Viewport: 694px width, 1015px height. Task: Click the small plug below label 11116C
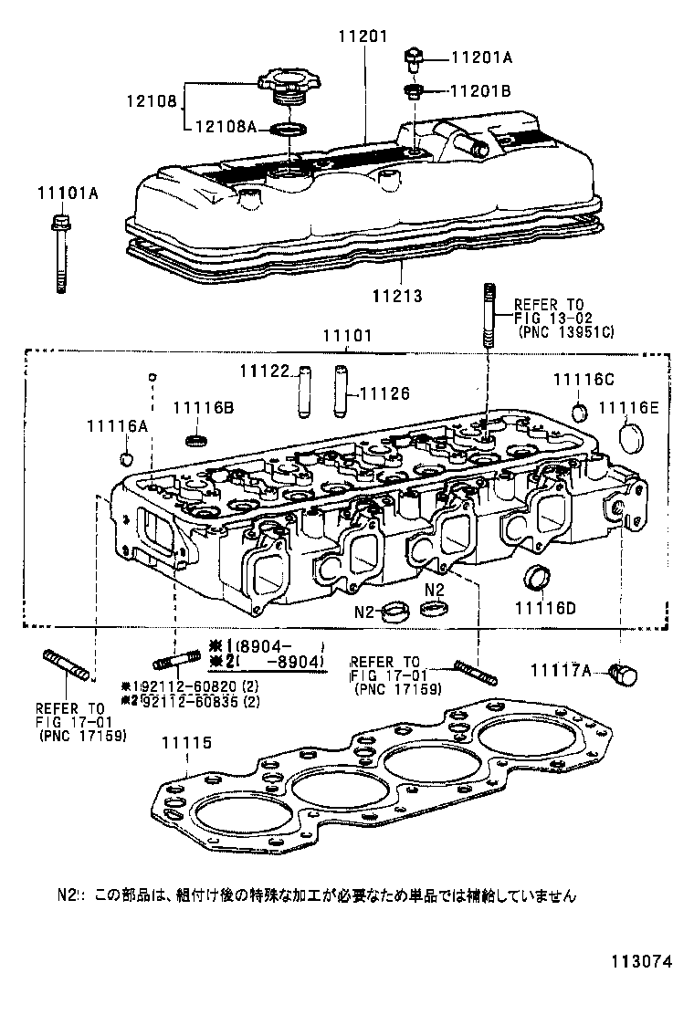coord(579,408)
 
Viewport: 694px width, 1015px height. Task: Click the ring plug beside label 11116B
coord(195,442)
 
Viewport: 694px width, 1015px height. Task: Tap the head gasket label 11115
coord(185,743)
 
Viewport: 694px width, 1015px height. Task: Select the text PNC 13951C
coord(565,332)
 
